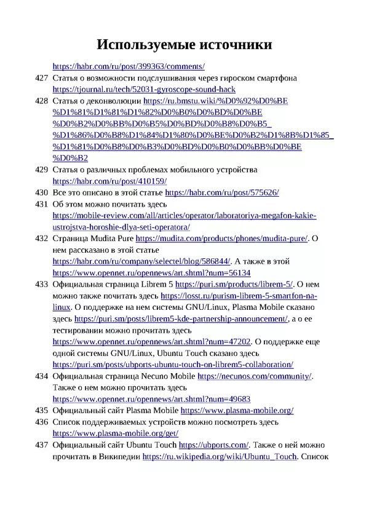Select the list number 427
click(41, 78)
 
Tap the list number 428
click(41, 101)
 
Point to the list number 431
click(41, 204)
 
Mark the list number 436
click(41, 422)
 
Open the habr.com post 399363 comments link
click(129, 67)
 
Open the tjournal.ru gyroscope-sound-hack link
click(144, 90)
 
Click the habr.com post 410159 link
click(109, 181)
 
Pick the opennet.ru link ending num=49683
click(151, 399)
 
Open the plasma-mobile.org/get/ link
click(116, 433)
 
